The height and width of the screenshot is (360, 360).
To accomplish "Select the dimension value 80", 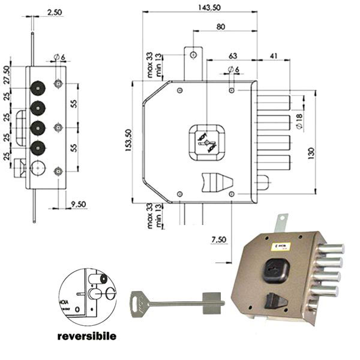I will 220,26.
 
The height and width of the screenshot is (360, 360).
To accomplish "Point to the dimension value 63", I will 232,56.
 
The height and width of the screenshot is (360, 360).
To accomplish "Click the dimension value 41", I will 273,56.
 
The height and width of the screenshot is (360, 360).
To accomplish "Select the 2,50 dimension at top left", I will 54,12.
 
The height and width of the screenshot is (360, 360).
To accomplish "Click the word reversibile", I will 86,336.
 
